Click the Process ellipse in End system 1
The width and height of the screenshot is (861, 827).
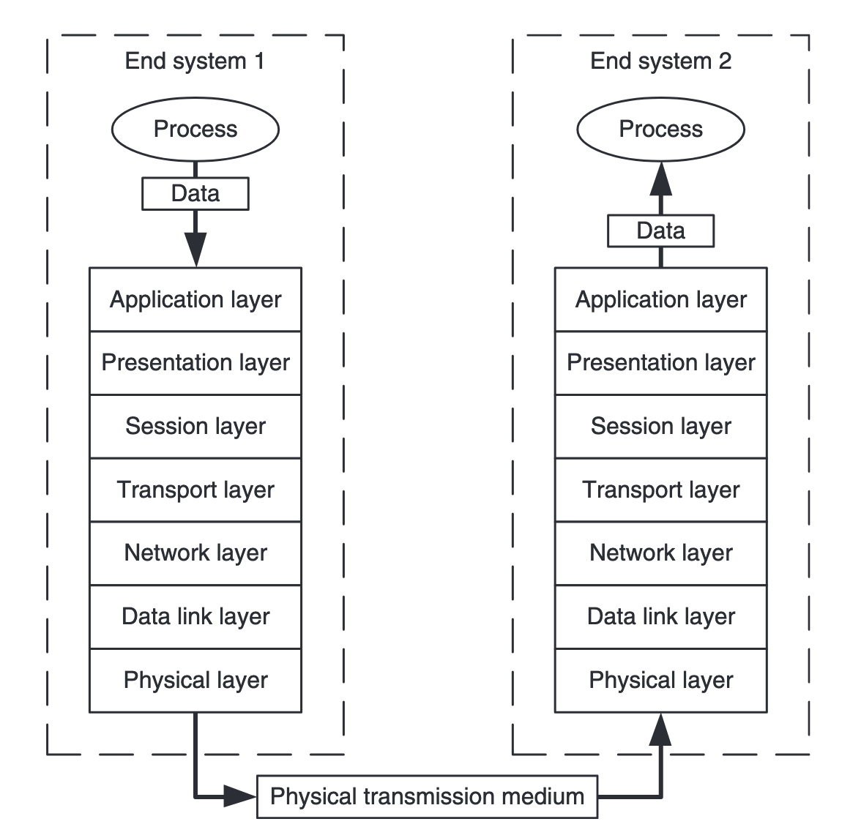click(x=195, y=130)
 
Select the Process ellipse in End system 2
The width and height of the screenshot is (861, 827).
click(x=660, y=130)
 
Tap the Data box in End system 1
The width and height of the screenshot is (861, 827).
click(x=195, y=194)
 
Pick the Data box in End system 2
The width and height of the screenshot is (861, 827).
click(x=660, y=231)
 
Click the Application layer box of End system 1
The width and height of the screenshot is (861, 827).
click(x=195, y=299)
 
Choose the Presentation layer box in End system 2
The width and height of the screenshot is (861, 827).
click(x=660, y=363)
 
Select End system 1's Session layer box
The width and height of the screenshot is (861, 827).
click(x=195, y=426)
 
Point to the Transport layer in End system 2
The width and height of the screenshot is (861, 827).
click(x=660, y=490)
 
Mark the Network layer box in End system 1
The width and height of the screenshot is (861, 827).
click(x=195, y=553)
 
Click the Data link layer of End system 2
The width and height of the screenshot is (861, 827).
click(x=660, y=616)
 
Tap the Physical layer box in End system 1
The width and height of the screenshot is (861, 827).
click(x=195, y=680)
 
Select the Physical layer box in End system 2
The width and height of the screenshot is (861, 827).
click(x=660, y=680)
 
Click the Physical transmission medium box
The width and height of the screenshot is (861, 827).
click(x=427, y=796)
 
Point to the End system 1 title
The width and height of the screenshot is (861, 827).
click(x=195, y=61)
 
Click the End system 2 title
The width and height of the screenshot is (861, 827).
click(x=660, y=61)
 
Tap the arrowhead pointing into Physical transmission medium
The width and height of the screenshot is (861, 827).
click(x=240, y=796)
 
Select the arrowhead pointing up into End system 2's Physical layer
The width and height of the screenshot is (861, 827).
click(x=660, y=730)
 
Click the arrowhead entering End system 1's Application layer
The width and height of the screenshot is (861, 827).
click(x=195, y=250)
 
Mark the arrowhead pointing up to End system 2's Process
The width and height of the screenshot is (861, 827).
click(x=660, y=179)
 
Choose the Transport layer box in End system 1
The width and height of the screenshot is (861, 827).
click(x=195, y=490)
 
